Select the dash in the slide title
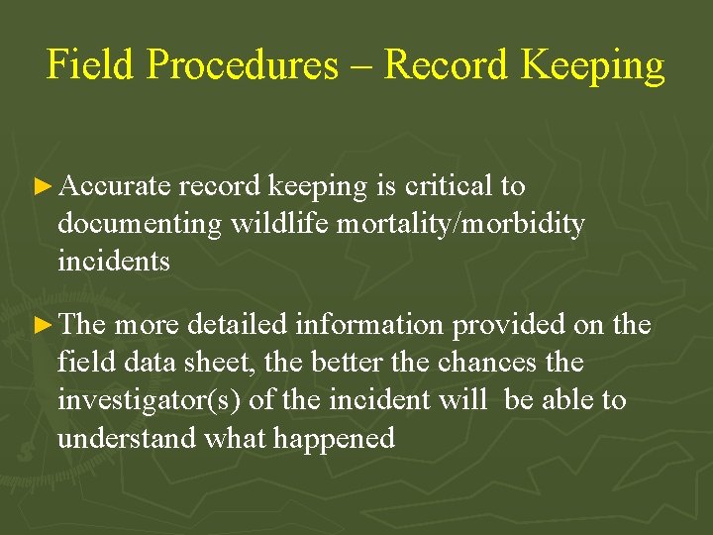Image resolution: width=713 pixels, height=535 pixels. click(x=360, y=65)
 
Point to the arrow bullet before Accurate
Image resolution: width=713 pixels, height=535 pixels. click(x=42, y=186)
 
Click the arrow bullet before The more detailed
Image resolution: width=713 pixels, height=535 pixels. click(x=42, y=325)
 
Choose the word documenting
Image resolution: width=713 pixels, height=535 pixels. click(x=140, y=224)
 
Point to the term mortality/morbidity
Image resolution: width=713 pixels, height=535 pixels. click(x=460, y=224)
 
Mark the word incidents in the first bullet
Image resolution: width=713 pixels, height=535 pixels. click(x=114, y=262)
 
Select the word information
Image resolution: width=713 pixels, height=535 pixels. click(x=353, y=325)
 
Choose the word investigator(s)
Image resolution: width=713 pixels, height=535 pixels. click(x=143, y=400)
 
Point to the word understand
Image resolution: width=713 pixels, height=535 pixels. click(x=127, y=438)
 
